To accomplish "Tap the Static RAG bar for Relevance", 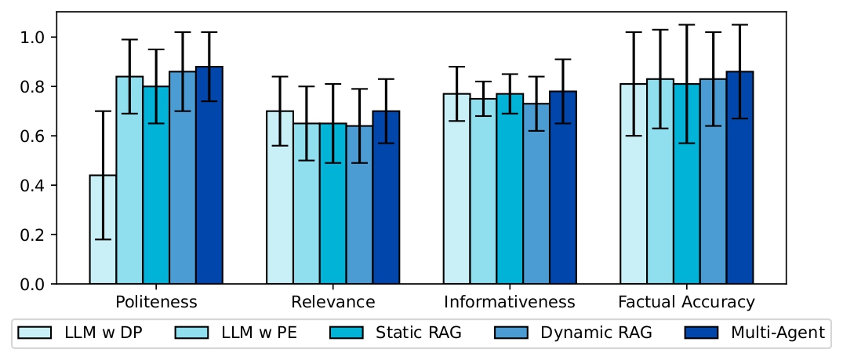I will [x=332, y=203].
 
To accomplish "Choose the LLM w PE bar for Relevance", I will [x=306, y=203].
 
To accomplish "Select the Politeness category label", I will [x=156, y=302].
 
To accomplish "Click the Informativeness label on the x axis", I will [x=510, y=302].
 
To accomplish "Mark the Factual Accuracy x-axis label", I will [x=686, y=302].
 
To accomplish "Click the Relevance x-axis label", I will [x=332, y=302].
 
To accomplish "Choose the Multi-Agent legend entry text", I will [x=777, y=333].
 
